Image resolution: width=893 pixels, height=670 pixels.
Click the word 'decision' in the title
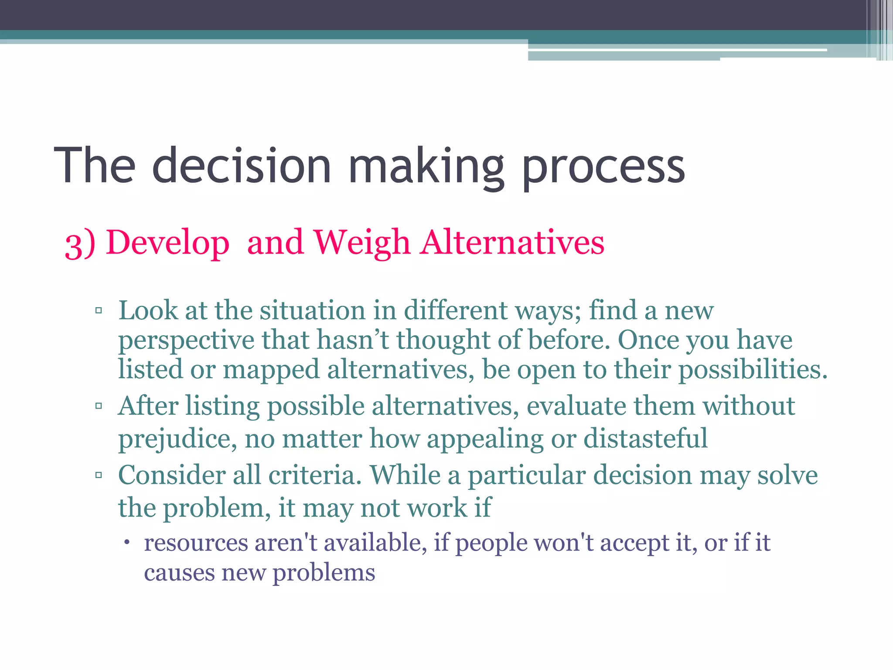tap(242, 166)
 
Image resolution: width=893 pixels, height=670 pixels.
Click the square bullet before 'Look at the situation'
tap(99, 311)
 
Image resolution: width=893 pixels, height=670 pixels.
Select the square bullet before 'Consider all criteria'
tap(99, 475)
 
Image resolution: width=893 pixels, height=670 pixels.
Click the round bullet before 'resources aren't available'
tap(126, 543)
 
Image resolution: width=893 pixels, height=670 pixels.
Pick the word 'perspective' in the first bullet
tap(186, 341)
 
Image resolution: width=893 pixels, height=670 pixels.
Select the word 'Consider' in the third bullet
tap(171, 475)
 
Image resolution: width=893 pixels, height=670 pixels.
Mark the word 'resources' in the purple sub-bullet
tap(196, 543)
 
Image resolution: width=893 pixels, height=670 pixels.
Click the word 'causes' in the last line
tap(179, 573)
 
